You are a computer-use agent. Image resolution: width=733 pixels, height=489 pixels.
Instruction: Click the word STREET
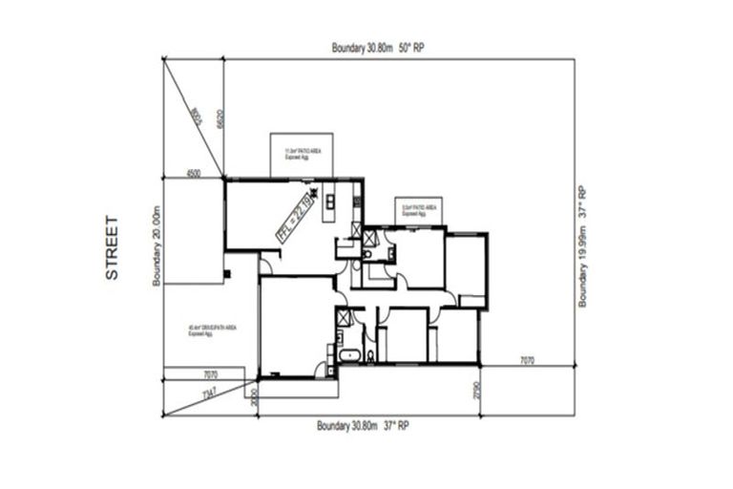click(112, 248)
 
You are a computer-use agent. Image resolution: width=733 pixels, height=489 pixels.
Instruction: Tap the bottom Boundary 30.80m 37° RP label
click(363, 426)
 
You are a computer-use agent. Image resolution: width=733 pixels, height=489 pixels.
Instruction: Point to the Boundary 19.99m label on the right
click(584, 245)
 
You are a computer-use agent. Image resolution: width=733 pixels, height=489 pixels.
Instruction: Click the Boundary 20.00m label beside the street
click(155, 244)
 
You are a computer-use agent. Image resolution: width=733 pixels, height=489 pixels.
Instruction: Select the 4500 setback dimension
click(194, 173)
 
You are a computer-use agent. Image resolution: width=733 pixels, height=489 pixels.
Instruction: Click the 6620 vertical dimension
click(220, 119)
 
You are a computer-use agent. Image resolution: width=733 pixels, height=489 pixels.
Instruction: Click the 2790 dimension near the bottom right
click(472, 391)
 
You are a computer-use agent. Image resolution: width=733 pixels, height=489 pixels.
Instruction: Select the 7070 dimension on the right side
click(528, 361)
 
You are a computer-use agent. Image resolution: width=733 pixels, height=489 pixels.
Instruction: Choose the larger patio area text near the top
click(295, 153)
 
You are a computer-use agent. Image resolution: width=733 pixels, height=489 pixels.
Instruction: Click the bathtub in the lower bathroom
click(348, 357)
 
